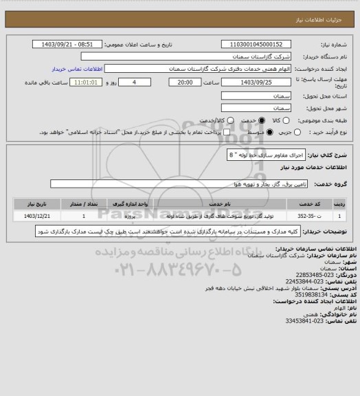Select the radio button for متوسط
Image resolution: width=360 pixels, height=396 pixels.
(x=262, y=132)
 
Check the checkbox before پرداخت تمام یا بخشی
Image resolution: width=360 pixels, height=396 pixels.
(x=221, y=132)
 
